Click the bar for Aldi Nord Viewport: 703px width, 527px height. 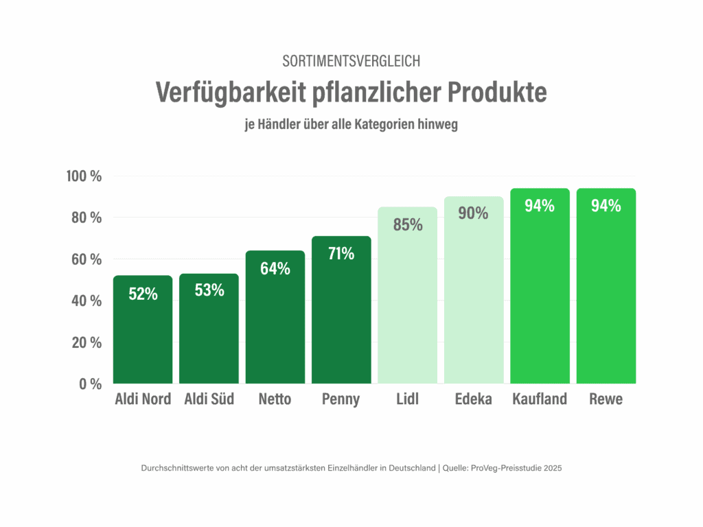(x=143, y=336)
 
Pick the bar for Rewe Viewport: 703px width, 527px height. (x=606, y=295)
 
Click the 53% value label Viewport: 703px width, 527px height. (x=209, y=290)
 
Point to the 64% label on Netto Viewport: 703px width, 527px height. (x=275, y=268)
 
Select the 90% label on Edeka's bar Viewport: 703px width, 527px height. (x=473, y=213)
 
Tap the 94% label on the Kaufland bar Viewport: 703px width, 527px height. (x=540, y=205)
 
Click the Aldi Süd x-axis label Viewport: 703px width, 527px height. (x=209, y=399)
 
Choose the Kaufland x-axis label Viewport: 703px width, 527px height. (x=540, y=399)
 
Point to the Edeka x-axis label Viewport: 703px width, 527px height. (x=473, y=399)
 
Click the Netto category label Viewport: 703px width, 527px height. (x=275, y=399)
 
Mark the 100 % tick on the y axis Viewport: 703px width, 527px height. (x=84, y=176)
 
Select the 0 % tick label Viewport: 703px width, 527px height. (x=90, y=384)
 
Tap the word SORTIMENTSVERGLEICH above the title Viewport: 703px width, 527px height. (x=351, y=61)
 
